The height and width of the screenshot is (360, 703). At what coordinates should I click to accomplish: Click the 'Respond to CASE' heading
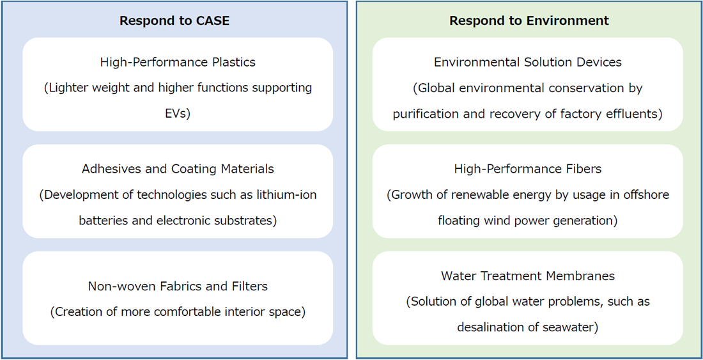[174, 20]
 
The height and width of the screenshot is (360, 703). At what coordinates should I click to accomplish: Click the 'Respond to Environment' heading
[530, 20]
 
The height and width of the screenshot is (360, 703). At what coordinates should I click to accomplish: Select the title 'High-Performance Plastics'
[178, 62]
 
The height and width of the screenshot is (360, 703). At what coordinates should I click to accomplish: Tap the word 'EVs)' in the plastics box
[178, 114]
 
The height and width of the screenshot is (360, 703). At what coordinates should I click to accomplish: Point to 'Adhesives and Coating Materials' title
[178, 169]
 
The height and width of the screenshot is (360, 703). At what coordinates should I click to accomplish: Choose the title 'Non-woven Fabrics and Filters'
[178, 286]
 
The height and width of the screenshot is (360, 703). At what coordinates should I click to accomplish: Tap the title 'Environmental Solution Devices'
[528, 62]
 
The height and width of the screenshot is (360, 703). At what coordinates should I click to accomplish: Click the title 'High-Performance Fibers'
[528, 169]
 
